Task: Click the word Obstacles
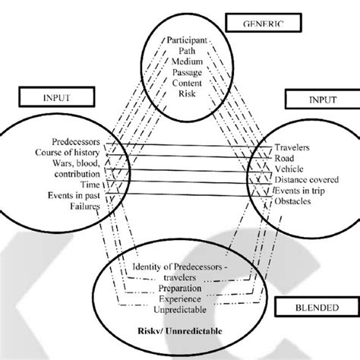[298, 202]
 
